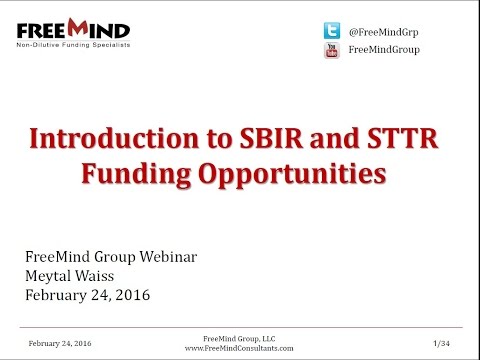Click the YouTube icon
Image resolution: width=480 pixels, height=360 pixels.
(x=331, y=50)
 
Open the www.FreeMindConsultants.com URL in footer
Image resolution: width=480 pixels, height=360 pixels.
(x=238, y=349)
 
